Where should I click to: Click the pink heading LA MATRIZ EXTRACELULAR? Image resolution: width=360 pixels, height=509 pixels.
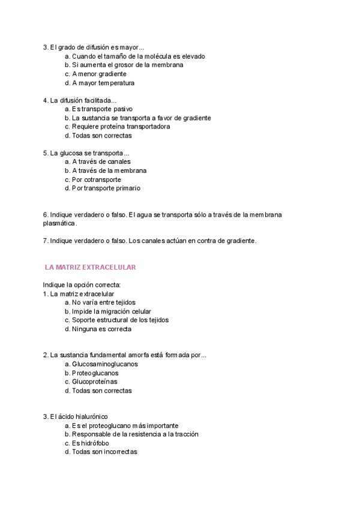(x=91, y=267)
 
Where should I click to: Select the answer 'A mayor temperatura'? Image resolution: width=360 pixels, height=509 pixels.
(x=103, y=83)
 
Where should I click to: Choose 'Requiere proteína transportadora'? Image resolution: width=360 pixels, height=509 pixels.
(x=121, y=127)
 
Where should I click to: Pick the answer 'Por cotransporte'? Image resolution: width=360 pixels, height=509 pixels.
(x=96, y=179)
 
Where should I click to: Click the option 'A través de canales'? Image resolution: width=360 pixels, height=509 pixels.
(x=101, y=161)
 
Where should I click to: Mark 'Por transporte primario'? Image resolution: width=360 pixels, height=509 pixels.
(x=106, y=188)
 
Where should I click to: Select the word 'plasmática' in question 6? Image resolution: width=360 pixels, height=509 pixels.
(x=59, y=223)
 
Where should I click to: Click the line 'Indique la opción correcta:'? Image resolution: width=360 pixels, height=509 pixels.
(x=82, y=285)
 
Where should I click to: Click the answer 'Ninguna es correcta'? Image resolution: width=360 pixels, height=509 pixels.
(x=101, y=329)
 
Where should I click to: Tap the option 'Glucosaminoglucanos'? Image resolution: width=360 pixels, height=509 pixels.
(x=104, y=364)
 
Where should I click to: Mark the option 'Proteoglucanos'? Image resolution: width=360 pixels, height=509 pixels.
(x=95, y=373)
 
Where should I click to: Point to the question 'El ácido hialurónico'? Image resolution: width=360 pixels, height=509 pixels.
(x=79, y=417)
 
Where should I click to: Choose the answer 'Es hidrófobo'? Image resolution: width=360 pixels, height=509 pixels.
(x=91, y=443)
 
